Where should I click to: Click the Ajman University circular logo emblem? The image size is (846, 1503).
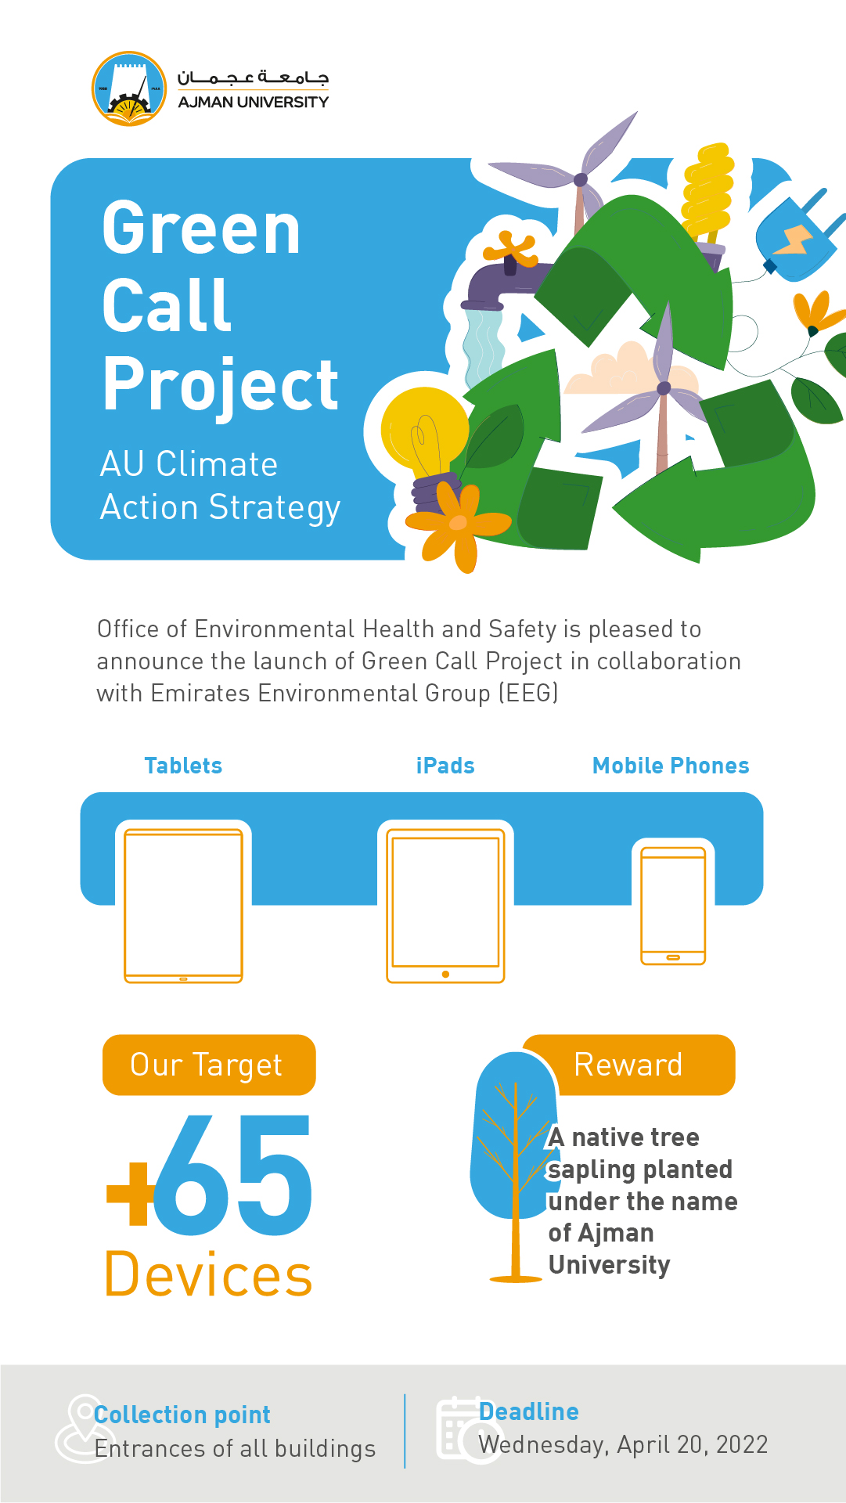click(129, 88)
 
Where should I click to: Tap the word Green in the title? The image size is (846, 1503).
click(201, 228)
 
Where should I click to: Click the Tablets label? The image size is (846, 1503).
click(183, 766)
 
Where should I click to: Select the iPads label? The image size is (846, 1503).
click(445, 766)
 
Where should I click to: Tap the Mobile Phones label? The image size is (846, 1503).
click(671, 766)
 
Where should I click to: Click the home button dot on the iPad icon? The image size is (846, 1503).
click(445, 975)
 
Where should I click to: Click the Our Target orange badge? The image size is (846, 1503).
click(209, 1065)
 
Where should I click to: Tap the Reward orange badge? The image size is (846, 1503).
click(629, 1065)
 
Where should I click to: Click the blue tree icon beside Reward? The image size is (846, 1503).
click(515, 1166)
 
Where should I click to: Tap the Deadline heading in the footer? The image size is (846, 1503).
click(529, 1411)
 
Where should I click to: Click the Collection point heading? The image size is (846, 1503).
click(182, 1415)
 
